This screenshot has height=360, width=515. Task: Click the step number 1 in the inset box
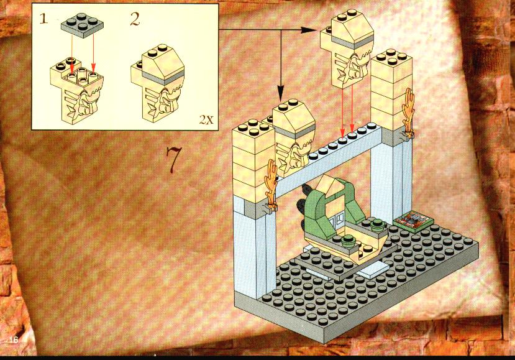tap(43, 19)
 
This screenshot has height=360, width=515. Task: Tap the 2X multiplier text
tap(206, 119)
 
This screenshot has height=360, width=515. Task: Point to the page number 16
tap(14, 339)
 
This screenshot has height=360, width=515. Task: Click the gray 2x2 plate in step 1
tap(82, 25)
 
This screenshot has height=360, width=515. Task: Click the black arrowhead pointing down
tap(280, 94)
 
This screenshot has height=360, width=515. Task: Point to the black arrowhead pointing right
tap(309, 30)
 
